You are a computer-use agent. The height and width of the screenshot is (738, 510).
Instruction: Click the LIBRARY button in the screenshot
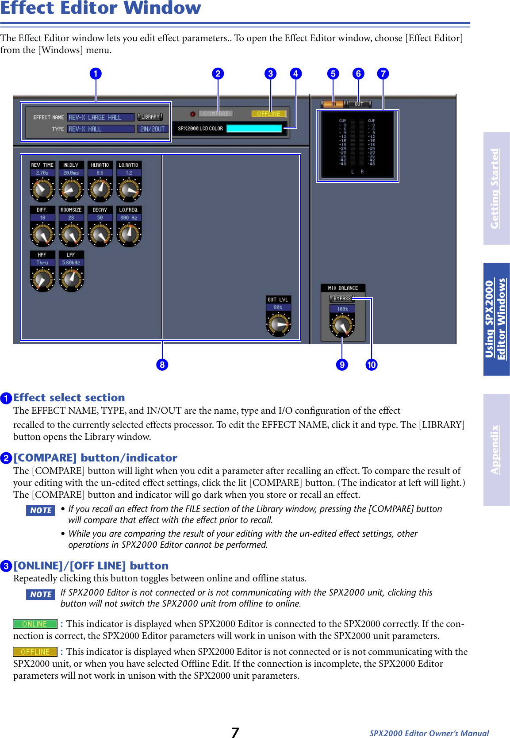150,117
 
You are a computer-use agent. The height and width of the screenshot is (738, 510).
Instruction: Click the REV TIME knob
42,189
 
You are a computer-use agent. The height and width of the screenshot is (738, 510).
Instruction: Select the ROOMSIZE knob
71,234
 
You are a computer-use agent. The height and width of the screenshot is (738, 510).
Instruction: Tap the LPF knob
71,279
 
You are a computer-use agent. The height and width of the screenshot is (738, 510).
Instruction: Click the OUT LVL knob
278,324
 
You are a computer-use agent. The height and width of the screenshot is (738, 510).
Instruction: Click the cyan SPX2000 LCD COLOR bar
254,128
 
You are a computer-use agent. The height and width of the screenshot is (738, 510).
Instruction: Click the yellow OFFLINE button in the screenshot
268,114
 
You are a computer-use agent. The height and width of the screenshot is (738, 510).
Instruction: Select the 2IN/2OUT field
152,129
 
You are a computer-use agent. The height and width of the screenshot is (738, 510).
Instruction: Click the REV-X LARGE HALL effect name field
100,117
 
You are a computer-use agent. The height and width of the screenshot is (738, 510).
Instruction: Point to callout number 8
162,365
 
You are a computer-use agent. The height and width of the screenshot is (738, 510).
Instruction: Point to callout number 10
372,365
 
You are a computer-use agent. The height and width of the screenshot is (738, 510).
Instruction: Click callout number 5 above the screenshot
333,73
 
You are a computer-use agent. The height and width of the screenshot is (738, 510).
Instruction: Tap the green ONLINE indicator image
35,624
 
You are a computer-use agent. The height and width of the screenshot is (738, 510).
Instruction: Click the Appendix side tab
496,450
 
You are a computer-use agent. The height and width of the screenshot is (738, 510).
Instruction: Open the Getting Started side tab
496,188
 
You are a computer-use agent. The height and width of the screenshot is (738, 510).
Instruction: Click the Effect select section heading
69,397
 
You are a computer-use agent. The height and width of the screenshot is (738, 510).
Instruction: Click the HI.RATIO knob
100,189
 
